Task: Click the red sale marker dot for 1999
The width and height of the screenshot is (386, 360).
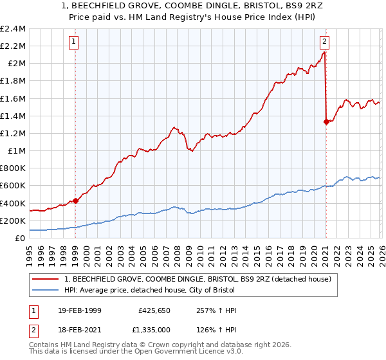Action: [x=75, y=201]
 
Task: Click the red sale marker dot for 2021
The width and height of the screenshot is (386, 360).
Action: [x=326, y=122]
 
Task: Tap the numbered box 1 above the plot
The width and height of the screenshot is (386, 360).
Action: [x=74, y=42]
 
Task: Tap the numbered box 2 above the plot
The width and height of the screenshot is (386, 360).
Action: [x=324, y=42]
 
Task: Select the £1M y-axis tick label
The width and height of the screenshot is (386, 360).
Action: [x=16, y=151]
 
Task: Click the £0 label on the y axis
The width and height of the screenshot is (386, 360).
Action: [x=21, y=238]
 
